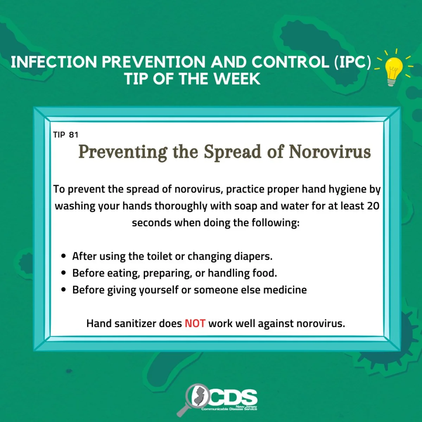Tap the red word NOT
pos(195,323)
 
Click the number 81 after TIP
pos(73,135)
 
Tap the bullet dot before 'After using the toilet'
pos(64,256)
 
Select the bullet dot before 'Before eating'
pos(64,273)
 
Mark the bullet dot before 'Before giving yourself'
pos(64,289)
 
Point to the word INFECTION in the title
pos(54,62)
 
